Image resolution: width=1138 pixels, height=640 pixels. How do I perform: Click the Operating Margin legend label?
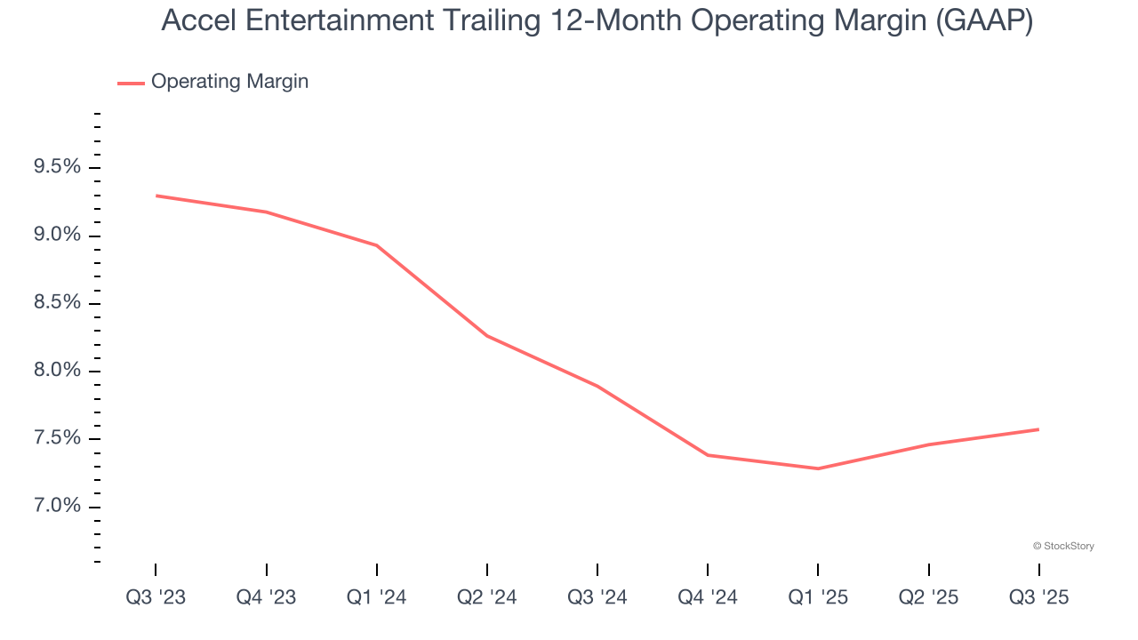[229, 82]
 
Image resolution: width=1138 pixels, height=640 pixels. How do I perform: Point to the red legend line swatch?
[131, 83]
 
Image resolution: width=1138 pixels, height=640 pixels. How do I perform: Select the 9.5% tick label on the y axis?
[57, 168]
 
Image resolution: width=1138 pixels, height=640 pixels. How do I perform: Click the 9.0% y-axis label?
[57, 236]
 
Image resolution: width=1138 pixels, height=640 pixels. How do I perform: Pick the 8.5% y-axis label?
[57, 303]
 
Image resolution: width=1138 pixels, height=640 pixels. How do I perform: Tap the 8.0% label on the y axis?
[57, 371]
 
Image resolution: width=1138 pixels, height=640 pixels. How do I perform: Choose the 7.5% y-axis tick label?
[57, 439]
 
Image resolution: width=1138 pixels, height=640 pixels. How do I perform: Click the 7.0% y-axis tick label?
[57, 507]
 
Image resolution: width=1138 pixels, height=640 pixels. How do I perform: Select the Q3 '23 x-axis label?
[156, 598]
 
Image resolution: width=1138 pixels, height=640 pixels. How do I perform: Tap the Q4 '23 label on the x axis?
[266, 598]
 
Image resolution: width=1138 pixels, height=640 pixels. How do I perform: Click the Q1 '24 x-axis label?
[377, 598]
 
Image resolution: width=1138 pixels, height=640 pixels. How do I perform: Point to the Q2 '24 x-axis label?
[487, 598]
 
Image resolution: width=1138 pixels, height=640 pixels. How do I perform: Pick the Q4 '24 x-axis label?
[708, 598]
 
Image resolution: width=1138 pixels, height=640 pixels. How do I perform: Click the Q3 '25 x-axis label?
[1038, 598]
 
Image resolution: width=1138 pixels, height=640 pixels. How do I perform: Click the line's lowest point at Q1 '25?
[818, 468]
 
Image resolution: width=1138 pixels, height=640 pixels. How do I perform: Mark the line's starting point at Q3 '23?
[156, 196]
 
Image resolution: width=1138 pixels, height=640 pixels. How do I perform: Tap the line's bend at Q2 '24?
[487, 336]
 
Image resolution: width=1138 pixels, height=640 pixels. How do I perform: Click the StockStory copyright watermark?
[1063, 546]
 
